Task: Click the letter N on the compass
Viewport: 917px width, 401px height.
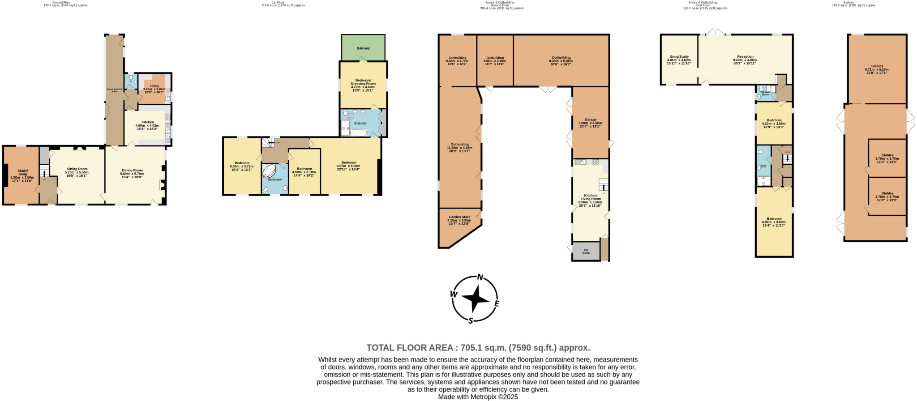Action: point(480,277)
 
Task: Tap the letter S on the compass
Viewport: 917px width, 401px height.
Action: point(471,320)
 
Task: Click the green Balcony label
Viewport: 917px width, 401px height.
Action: point(363,48)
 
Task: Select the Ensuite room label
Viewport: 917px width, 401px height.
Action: point(360,123)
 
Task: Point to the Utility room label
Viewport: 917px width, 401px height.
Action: point(154,86)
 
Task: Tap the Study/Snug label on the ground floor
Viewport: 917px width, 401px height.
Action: point(22,172)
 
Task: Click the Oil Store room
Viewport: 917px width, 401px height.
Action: point(586,252)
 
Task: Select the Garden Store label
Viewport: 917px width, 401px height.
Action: point(459,217)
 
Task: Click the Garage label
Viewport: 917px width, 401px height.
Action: point(590,119)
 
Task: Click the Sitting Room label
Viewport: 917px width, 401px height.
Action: point(77,169)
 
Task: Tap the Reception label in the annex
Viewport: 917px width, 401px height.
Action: point(745,57)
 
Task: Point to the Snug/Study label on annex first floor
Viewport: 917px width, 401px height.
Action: point(679,57)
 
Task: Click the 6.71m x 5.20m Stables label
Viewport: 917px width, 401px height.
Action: point(877,66)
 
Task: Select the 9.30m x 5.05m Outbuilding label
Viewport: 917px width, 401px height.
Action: point(561,58)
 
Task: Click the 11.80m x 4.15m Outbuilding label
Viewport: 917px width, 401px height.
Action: point(459,145)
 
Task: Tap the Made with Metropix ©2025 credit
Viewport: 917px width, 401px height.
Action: point(478,397)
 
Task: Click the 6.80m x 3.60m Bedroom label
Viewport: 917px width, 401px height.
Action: point(774,219)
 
